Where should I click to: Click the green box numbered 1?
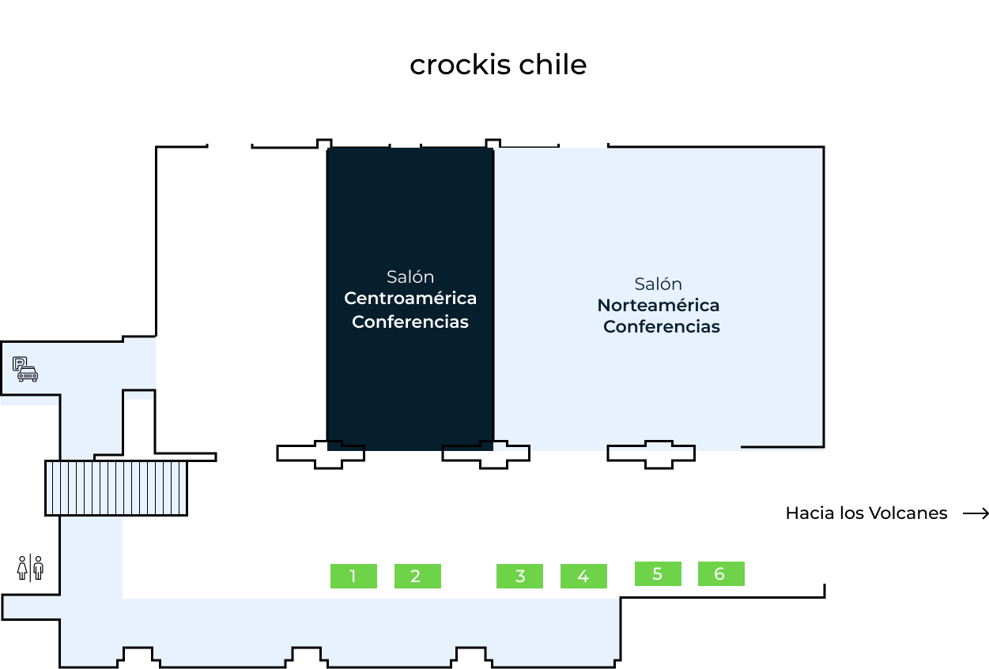(353, 576)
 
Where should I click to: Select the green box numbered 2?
(417, 576)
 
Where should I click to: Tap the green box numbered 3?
(519, 576)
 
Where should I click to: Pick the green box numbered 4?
(583, 576)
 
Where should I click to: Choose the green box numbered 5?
(658, 573)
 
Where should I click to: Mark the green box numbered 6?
(721, 573)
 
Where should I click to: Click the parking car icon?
(25, 369)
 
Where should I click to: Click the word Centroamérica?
(410, 299)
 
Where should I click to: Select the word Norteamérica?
(658, 305)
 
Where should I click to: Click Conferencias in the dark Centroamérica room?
(410, 321)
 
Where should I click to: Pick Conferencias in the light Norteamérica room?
(661, 326)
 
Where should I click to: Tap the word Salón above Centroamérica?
(410, 276)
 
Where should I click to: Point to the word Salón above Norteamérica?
(658, 284)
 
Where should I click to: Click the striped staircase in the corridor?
(116, 487)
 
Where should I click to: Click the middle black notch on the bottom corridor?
(306, 656)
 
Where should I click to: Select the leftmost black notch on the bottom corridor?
(138, 656)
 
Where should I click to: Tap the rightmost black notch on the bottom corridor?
(471, 656)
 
